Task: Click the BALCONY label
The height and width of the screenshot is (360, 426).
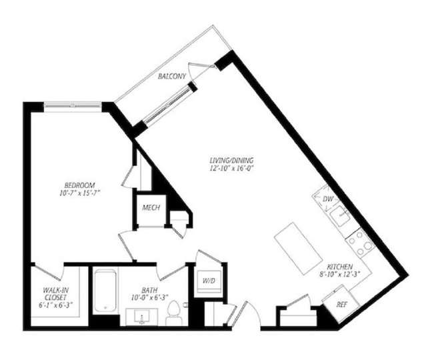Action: (x=172, y=76)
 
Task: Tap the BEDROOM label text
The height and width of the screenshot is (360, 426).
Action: (x=79, y=185)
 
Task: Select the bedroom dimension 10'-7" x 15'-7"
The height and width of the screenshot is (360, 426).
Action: (x=79, y=193)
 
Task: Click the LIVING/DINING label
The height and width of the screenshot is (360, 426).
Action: (x=232, y=160)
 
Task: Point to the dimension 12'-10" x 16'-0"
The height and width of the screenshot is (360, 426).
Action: (x=232, y=168)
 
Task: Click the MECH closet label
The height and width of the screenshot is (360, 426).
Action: (x=151, y=208)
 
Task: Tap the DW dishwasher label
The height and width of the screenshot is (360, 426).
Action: (x=328, y=199)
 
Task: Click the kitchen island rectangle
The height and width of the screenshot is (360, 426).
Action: (x=299, y=248)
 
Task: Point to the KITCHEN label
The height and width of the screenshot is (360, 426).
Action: (x=340, y=267)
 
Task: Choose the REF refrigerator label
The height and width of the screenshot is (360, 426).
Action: (x=342, y=305)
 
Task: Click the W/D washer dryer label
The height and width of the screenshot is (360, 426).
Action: (x=209, y=281)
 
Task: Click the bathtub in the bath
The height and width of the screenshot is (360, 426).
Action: (x=105, y=291)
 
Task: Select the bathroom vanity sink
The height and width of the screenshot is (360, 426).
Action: (x=141, y=317)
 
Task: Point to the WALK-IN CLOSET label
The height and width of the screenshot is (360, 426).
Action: (x=56, y=293)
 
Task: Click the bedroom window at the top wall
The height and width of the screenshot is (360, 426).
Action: (x=73, y=106)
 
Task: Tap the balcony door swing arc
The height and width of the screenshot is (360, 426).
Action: (x=191, y=71)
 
